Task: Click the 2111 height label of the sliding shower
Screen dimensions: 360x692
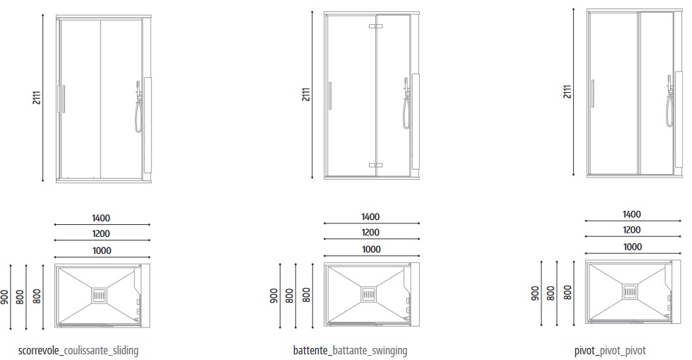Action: (35, 98)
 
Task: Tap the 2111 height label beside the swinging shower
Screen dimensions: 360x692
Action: (305, 95)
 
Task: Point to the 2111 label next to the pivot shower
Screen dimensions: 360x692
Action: (567, 91)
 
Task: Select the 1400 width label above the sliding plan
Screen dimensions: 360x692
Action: (101, 219)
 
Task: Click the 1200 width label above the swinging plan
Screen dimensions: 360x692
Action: (370, 233)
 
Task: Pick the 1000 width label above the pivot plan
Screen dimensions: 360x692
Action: (633, 247)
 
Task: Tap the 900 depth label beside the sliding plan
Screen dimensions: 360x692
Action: (6, 296)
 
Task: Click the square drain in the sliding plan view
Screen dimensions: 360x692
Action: (99, 294)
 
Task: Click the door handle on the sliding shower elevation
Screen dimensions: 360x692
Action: (63, 99)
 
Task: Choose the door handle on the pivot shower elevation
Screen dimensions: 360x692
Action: (592, 93)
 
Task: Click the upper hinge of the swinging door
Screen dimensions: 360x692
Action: (375, 27)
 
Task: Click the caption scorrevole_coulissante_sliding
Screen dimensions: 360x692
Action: (78, 351)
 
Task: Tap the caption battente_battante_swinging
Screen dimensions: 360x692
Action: (350, 351)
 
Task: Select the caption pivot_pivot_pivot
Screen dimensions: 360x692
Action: (610, 351)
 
